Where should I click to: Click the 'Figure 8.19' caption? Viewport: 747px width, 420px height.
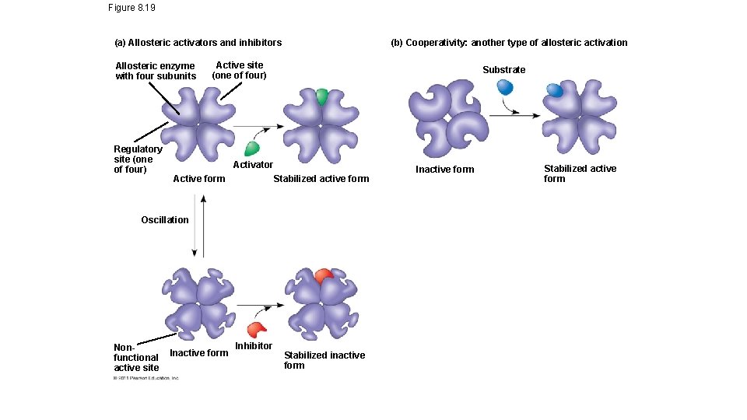click(x=132, y=9)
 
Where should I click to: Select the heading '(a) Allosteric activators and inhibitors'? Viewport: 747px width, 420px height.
click(x=198, y=43)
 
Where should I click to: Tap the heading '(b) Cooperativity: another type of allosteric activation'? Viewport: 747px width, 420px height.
click(x=508, y=43)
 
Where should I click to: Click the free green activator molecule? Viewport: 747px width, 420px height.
click(x=252, y=148)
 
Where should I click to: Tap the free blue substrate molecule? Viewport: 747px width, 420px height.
click(x=505, y=87)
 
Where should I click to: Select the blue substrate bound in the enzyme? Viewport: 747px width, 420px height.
click(x=555, y=91)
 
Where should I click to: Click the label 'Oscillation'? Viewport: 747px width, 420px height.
click(x=164, y=220)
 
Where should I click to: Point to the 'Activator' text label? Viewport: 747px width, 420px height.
click(x=253, y=165)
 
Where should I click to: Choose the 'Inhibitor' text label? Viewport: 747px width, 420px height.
click(x=254, y=346)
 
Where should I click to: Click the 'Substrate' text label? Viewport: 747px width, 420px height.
click(x=503, y=70)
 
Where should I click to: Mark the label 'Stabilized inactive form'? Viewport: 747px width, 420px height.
click(x=324, y=360)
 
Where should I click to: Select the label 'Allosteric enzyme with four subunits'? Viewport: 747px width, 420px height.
click(x=156, y=71)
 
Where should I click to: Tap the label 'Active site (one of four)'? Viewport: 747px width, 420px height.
click(x=239, y=70)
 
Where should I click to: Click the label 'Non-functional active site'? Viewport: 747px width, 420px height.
click(x=136, y=357)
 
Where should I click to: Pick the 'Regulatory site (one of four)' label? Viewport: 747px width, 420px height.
click(x=138, y=159)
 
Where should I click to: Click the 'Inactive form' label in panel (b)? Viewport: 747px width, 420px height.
click(x=444, y=170)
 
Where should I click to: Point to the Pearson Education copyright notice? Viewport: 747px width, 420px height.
click(x=146, y=378)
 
